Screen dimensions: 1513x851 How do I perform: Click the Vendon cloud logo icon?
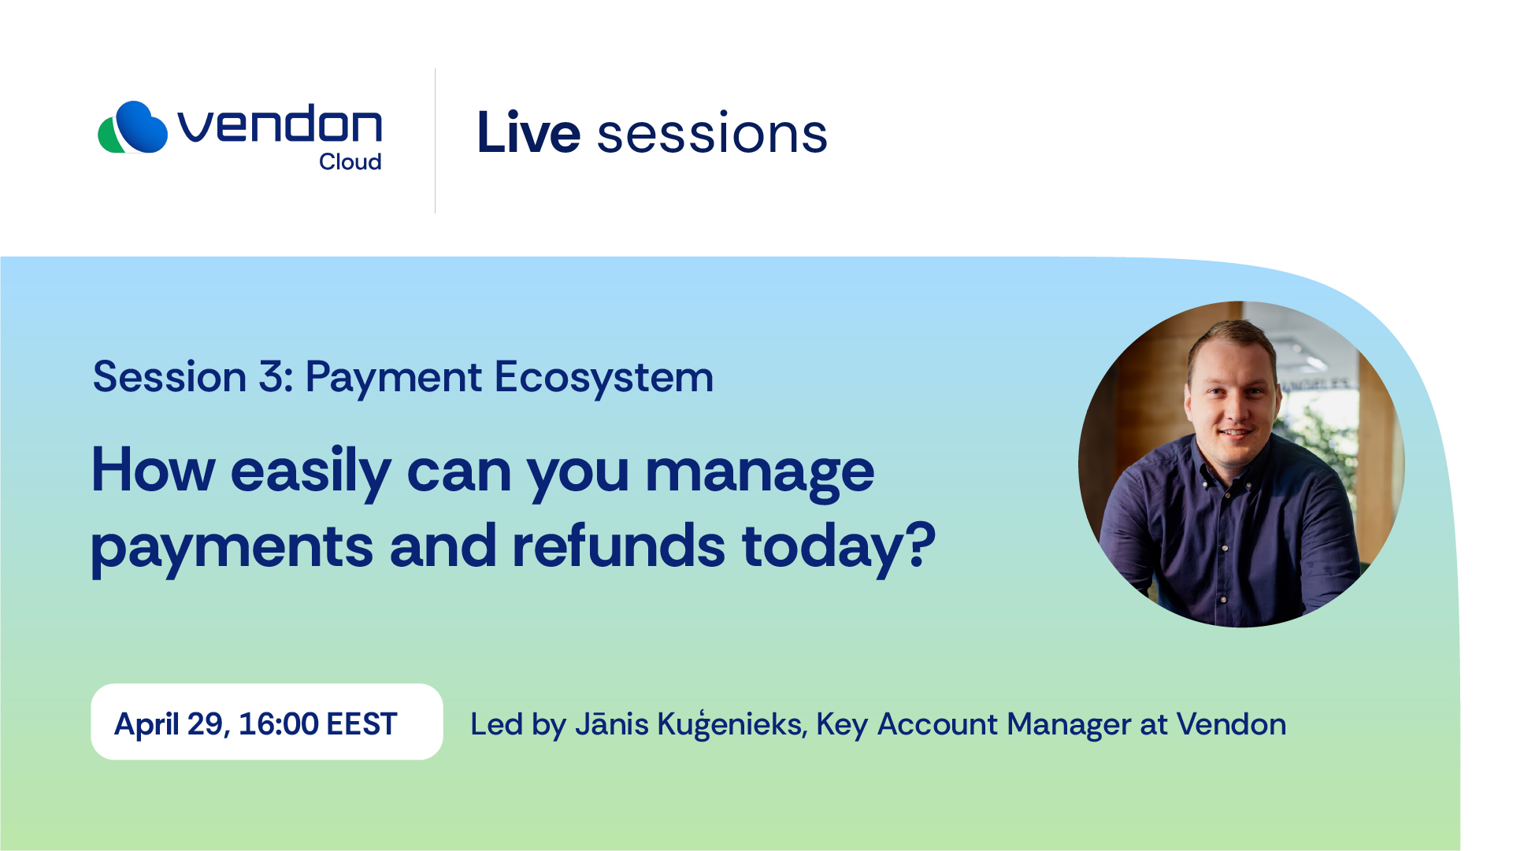tap(132, 127)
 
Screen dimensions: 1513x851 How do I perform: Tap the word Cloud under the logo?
tap(350, 161)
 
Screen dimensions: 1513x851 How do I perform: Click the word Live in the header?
tap(528, 132)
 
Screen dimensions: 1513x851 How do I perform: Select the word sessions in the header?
tap(712, 134)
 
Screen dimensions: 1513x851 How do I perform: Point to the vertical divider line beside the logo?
tap(435, 140)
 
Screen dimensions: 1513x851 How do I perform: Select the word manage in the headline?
tap(759, 473)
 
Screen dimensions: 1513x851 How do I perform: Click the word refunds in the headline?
tap(618, 546)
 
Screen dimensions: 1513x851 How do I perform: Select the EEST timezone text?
tap(362, 723)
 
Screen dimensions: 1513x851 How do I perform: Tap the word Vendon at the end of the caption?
tap(1231, 723)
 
